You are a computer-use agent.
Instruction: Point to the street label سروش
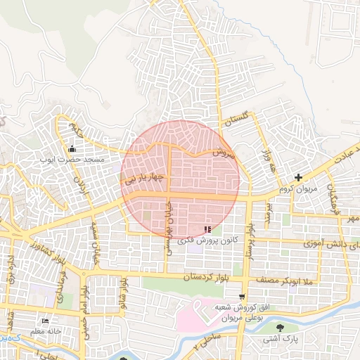[224, 153]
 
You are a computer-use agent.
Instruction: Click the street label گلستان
[236, 122]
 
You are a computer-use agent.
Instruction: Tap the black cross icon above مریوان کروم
[299, 178]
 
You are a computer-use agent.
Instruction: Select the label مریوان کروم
[300, 189]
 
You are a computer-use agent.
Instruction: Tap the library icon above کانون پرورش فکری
[207, 229]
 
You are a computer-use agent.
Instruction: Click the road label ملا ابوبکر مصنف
[288, 281]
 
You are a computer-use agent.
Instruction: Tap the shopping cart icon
[243, 297]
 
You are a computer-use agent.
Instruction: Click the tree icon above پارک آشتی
[281, 327]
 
